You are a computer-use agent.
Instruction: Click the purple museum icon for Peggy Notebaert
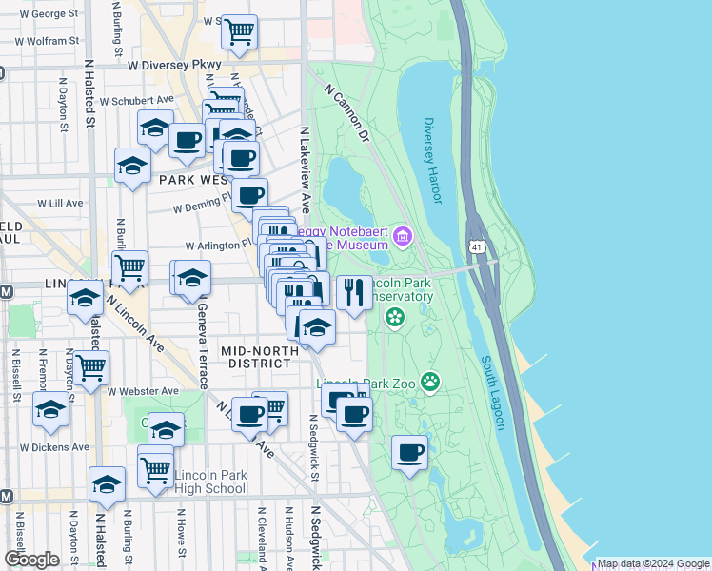click(x=403, y=235)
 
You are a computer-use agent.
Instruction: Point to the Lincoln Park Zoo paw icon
click(x=430, y=383)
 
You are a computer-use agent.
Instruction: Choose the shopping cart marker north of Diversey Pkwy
click(x=239, y=33)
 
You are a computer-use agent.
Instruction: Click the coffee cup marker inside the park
click(x=410, y=454)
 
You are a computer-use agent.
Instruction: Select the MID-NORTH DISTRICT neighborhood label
click(x=260, y=357)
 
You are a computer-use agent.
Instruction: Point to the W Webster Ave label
click(x=143, y=391)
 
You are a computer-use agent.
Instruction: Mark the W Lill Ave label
click(x=60, y=203)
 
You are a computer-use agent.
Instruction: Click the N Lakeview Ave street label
click(x=306, y=170)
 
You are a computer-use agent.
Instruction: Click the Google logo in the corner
click(x=31, y=560)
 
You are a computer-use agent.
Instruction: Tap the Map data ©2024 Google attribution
click(x=652, y=563)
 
